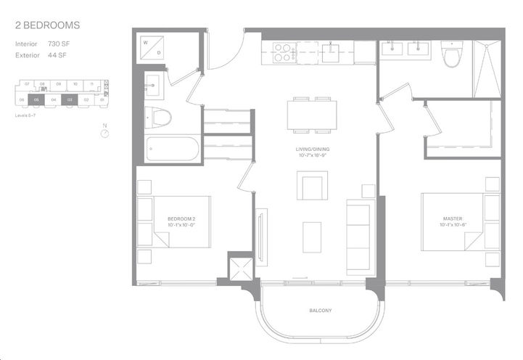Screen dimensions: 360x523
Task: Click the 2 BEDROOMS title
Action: [47, 25]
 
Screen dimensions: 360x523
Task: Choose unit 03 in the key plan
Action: [70, 99]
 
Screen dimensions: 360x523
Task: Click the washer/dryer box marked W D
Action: [153, 48]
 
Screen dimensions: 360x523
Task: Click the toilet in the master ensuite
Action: [452, 54]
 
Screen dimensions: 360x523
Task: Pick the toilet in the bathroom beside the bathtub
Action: [157, 115]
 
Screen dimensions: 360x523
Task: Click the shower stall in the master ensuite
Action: [487, 69]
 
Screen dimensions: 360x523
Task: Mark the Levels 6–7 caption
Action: [27, 115]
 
